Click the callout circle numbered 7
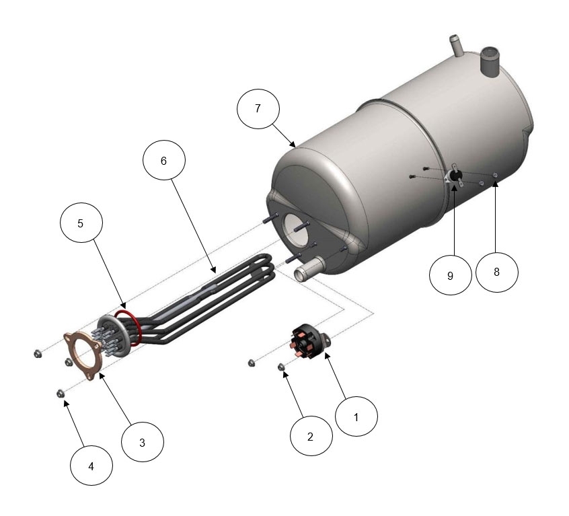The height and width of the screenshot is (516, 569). (258, 109)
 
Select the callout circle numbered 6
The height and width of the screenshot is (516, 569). (164, 160)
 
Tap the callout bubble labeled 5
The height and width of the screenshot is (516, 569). (81, 223)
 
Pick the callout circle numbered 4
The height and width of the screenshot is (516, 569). (91, 466)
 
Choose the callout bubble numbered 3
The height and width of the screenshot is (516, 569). (143, 441)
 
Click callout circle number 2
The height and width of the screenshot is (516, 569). (311, 436)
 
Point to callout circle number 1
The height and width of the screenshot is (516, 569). (356, 416)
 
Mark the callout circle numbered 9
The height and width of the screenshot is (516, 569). (451, 275)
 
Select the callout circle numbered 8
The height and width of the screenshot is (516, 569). (497, 272)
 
